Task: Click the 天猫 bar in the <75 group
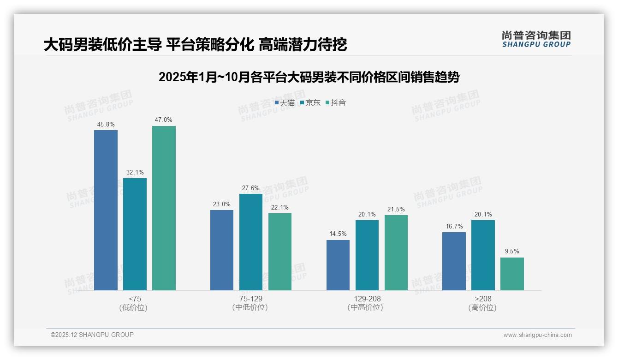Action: [x=106, y=210]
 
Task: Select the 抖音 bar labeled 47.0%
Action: [x=164, y=208]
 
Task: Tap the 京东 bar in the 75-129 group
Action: [x=251, y=242]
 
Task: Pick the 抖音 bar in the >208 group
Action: [x=512, y=274]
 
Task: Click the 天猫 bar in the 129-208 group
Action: [x=338, y=265]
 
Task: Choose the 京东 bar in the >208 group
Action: [x=483, y=255]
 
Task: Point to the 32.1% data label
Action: [x=135, y=173]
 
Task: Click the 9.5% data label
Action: [x=512, y=252]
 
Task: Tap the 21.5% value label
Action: [x=396, y=210]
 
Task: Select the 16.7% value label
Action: [x=454, y=226]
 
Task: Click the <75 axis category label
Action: [x=135, y=299]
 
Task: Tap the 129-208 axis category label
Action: [x=367, y=299]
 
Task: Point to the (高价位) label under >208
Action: [x=482, y=308]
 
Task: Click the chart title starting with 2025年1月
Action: [x=309, y=77]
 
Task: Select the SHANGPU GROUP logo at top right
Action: [x=536, y=39]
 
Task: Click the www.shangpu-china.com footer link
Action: [x=537, y=335]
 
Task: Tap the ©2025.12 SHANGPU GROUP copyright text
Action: [x=92, y=335]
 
